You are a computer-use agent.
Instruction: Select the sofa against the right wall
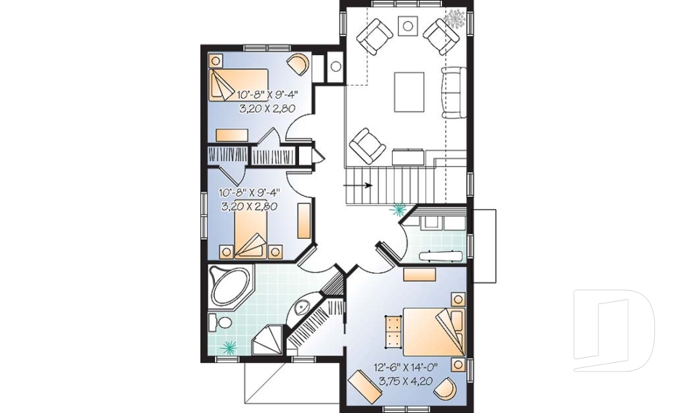[x=453, y=92]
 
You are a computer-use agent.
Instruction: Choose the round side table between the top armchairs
[x=408, y=27]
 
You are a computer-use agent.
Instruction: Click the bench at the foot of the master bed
[x=393, y=330]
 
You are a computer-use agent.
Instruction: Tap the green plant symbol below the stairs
[x=398, y=211]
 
